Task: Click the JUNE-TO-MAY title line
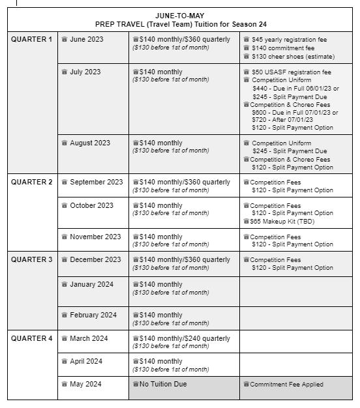[179, 15]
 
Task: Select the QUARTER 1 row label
[31, 39]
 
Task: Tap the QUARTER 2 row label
[31, 182]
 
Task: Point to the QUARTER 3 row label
[31, 259]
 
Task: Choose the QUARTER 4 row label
[31, 338]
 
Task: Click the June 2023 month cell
[86, 39]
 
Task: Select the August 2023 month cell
[90, 143]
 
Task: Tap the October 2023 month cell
[91, 205]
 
